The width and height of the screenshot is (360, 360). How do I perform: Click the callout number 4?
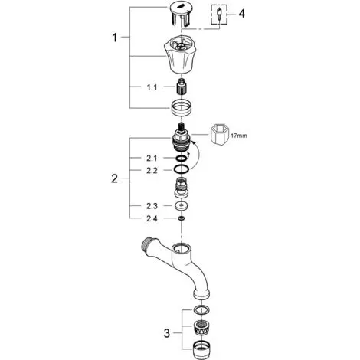[x=241, y=14]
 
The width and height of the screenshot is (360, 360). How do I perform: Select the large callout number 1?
[x=115, y=38]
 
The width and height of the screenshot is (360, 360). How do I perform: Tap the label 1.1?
[x=152, y=87]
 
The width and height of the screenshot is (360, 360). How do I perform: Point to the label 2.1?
[x=152, y=159]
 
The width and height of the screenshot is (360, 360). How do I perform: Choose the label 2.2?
[x=152, y=171]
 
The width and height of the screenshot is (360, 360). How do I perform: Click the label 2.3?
[x=152, y=206]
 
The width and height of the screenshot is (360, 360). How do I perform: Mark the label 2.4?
[x=152, y=218]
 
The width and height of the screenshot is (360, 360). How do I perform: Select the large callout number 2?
[x=115, y=178]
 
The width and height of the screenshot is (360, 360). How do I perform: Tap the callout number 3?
[x=167, y=333]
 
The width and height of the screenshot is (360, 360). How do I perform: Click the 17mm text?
[x=239, y=136]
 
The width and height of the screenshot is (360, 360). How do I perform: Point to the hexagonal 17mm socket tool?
[x=219, y=135]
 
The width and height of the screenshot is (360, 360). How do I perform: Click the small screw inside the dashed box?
[x=218, y=14]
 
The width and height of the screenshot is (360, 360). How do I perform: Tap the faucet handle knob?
[x=181, y=54]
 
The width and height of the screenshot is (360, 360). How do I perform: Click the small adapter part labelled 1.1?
[x=181, y=88]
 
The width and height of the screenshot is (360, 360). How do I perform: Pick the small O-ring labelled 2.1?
[x=181, y=159]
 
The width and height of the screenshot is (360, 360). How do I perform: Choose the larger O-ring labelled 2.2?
[x=181, y=169]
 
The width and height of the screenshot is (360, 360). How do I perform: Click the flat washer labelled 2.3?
[x=181, y=206]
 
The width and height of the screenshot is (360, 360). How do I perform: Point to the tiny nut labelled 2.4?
[x=182, y=218]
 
